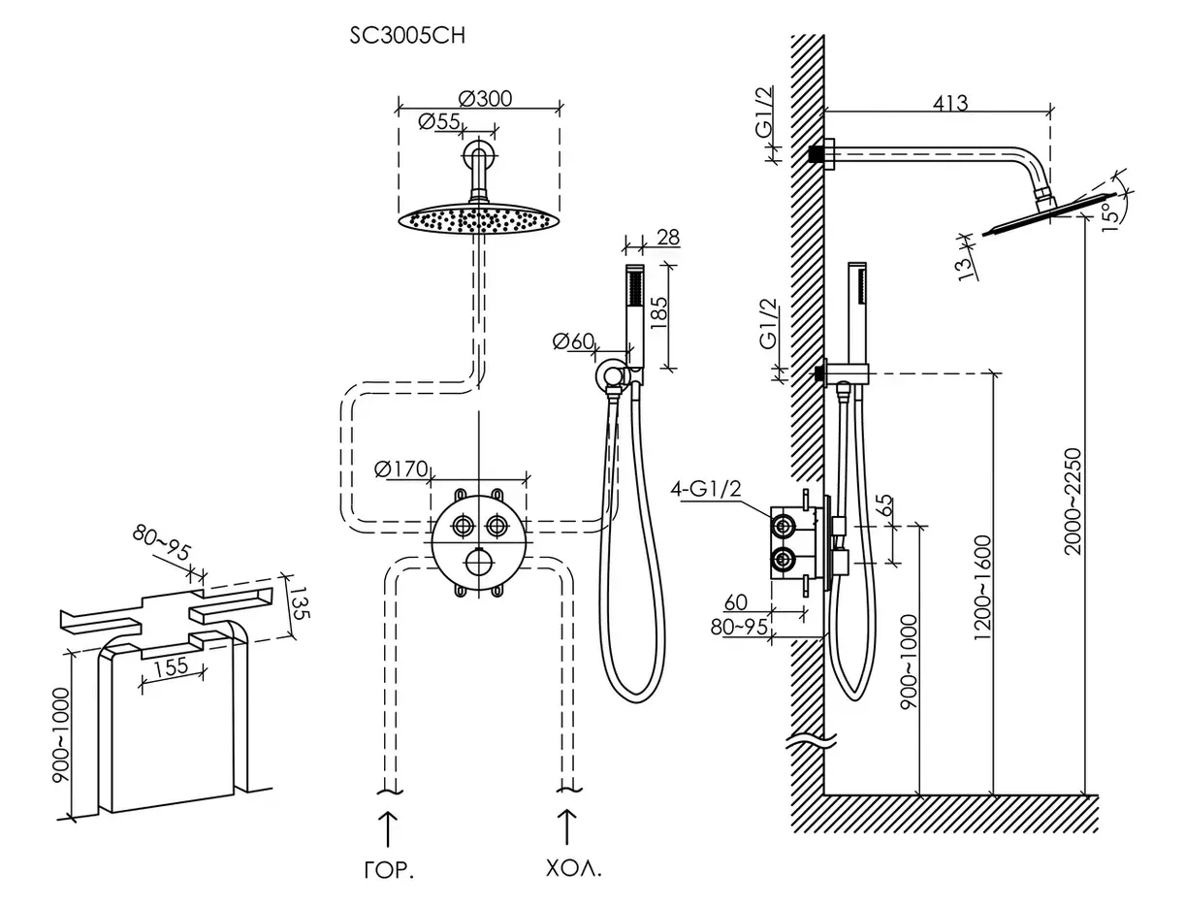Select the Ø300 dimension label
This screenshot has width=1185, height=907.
tap(486, 99)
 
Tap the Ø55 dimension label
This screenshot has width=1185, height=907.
tap(439, 121)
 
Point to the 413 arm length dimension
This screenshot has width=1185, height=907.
tap(950, 102)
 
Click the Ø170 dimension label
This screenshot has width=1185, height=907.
tap(400, 470)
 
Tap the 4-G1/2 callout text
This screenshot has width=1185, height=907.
tap(706, 489)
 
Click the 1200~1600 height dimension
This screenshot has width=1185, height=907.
tap(983, 587)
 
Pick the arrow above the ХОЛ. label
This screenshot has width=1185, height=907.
tap(565, 829)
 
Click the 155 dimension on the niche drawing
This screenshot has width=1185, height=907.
tap(170, 667)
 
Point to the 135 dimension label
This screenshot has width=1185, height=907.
tap(300, 602)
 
